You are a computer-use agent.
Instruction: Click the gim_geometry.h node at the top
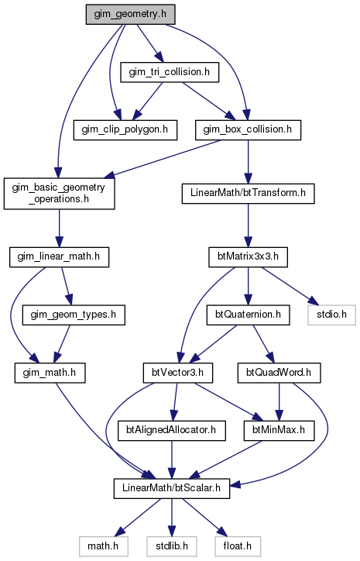pos(130,14)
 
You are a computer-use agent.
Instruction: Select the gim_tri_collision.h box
pos(170,72)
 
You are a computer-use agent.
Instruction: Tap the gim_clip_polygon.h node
pos(125,129)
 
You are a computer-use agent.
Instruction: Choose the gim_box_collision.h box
pos(248,129)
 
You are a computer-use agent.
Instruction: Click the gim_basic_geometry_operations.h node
pos(60,193)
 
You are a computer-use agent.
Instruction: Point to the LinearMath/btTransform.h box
pos(248,193)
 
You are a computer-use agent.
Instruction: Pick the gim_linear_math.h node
pos(59,257)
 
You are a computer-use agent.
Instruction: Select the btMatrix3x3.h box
pos(248,257)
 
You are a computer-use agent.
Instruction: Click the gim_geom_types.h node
pos(74,315)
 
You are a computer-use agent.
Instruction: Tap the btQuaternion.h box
pos(248,315)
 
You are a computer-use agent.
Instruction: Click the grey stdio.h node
pos(332,315)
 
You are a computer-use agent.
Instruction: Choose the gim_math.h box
pos(50,373)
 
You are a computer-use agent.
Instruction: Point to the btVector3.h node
pos(177,373)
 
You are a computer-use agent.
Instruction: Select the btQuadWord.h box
pos(279,373)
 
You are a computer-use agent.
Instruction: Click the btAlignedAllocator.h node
pos(172,430)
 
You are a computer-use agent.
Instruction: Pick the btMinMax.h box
pos(279,430)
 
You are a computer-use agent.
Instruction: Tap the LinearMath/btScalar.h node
pos(172,488)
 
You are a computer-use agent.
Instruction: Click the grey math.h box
pos(103,546)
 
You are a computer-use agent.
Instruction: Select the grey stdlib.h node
pos(172,546)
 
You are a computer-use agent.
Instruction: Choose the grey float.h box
pos(238,546)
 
